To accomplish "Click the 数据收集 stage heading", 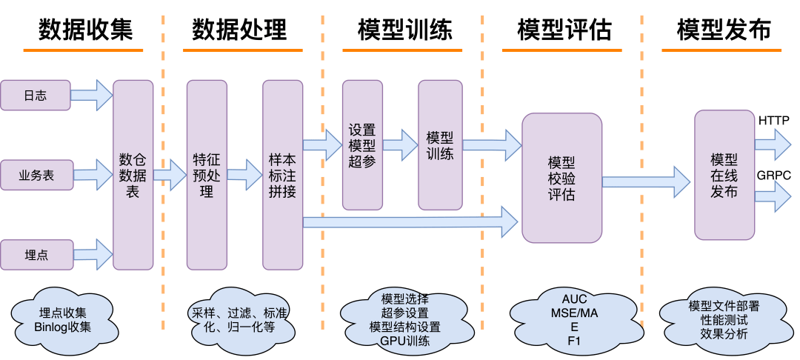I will [x=86, y=30].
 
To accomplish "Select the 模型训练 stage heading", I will [x=404, y=30].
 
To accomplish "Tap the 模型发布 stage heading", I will [x=724, y=30].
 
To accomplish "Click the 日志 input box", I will [x=36, y=95].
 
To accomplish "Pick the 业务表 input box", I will [x=36, y=176].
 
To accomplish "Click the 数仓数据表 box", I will [x=133, y=175].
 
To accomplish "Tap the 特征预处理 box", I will [x=206, y=175].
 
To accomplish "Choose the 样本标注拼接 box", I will [x=282, y=175].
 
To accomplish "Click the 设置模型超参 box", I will [x=362, y=144].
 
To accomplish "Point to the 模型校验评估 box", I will [x=561, y=178].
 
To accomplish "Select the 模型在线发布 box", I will [x=724, y=176].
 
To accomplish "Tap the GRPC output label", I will [x=773, y=175].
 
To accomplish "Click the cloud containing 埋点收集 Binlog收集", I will [x=62, y=319].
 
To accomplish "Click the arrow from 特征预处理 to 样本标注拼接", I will [x=244, y=176].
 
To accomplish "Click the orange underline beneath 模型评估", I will [x=564, y=50].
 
